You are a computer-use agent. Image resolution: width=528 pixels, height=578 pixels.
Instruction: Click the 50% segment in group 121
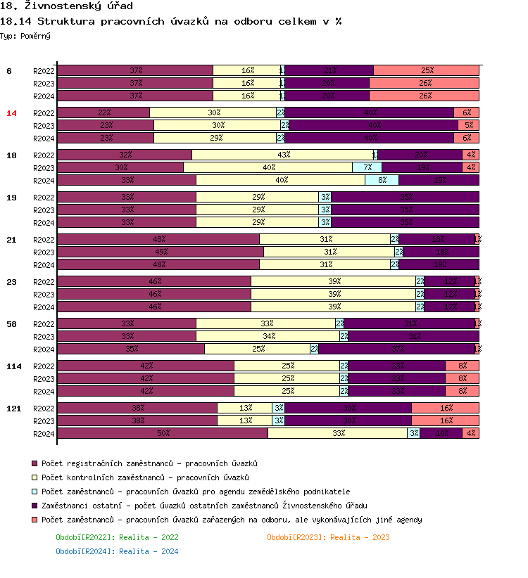click(x=163, y=433)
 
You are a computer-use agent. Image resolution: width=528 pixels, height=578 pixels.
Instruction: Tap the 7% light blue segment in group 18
click(x=367, y=167)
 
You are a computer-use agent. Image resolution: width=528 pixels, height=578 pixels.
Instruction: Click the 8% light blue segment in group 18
click(x=382, y=180)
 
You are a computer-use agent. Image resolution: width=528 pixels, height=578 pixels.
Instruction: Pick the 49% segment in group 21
click(x=161, y=252)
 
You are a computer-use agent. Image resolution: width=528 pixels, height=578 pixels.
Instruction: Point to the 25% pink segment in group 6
click(x=426, y=70)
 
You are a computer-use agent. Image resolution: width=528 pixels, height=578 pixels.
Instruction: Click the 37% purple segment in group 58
click(x=397, y=349)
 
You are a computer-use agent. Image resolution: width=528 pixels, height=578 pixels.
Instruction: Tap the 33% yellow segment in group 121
click(x=338, y=433)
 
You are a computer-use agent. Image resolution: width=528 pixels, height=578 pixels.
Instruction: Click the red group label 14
click(x=12, y=113)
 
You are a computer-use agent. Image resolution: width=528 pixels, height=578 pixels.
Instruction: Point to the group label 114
click(x=14, y=366)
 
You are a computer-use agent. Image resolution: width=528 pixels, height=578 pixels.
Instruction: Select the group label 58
click(x=12, y=324)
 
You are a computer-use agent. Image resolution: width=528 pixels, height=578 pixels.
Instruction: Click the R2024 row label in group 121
click(x=44, y=434)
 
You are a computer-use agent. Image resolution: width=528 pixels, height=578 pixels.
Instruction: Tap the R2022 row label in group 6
click(x=44, y=71)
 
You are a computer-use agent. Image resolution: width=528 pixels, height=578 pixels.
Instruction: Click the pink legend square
click(x=34, y=520)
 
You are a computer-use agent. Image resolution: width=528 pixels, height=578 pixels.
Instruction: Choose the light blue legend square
click(x=34, y=492)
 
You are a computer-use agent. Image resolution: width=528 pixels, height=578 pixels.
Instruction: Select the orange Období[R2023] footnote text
click(x=328, y=537)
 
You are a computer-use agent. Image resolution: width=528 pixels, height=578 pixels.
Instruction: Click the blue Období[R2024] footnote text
click(x=117, y=551)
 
